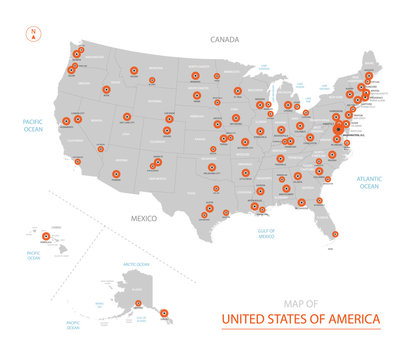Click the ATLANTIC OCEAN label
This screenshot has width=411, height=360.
click(369, 183)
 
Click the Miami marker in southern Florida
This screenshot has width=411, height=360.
click(331, 235)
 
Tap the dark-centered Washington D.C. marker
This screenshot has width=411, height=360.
click(337, 129)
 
